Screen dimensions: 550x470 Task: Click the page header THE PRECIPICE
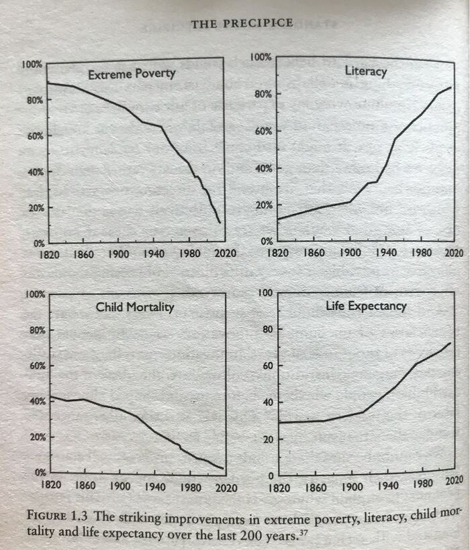coord(242,23)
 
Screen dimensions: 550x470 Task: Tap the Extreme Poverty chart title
coord(132,74)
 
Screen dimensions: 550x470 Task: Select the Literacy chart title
coord(365,71)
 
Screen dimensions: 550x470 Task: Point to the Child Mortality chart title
coord(134,307)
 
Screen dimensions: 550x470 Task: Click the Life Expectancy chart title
coord(366,306)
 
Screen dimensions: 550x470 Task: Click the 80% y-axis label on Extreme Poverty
coord(34,100)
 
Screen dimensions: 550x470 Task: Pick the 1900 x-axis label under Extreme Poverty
coord(119,254)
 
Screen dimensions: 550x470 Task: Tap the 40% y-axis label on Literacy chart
coord(263,168)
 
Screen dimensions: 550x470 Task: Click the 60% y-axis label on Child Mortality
coord(34,366)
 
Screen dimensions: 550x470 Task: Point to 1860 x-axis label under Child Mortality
coord(85,485)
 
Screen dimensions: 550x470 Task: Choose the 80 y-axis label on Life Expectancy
coord(265,329)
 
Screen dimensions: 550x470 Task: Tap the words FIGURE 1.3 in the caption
coord(58,517)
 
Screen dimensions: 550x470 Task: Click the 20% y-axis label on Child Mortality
coord(34,437)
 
